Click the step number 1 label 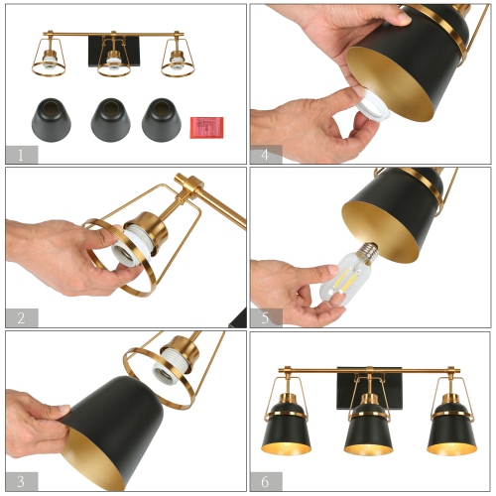click(21, 153)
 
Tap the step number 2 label click(21, 317)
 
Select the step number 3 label click(21, 481)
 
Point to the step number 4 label click(266, 154)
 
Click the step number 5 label click(266, 317)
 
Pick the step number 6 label click(266, 481)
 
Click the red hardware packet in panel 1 click(206, 127)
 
